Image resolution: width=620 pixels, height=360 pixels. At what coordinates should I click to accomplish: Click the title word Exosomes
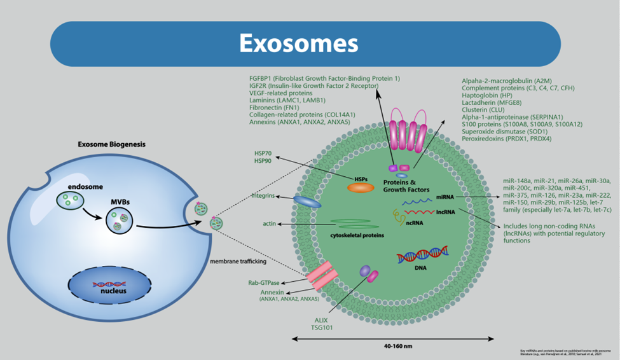[x=298, y=43]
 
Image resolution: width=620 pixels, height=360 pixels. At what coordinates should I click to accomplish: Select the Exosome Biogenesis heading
[x=111, y=144]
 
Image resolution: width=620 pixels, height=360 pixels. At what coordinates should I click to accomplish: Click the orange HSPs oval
[x=360, y=188]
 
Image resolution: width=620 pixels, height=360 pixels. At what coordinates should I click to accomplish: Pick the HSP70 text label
[x=263, y=155]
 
